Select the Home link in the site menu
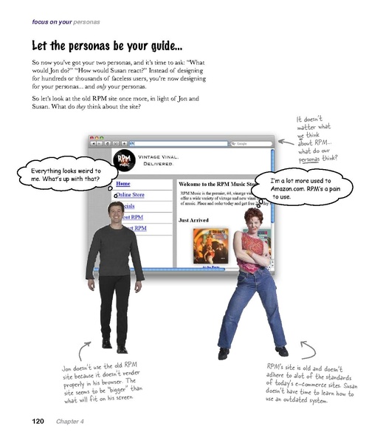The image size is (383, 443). point(123,182)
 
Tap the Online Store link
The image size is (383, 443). point(130,195)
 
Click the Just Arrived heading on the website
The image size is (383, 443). point(194,219)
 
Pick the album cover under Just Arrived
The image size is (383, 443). point(209,247)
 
